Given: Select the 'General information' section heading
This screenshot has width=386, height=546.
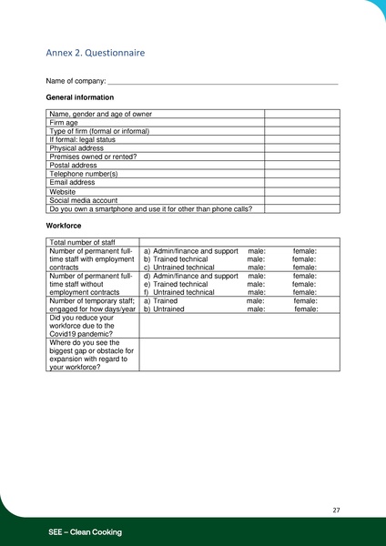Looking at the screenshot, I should [79, 97].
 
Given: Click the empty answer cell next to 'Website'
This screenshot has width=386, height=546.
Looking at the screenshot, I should [301, 192].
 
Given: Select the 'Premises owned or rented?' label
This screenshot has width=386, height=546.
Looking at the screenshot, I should [93, 157].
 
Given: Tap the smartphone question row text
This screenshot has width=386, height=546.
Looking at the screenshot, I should [150, 208].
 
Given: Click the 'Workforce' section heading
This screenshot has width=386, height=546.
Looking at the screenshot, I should [64, 224].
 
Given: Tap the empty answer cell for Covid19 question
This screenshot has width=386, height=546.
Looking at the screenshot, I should [239, 326].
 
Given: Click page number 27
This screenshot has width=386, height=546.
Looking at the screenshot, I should [336, 510].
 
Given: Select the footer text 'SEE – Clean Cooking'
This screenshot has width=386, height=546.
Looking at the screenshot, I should [85, 531].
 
